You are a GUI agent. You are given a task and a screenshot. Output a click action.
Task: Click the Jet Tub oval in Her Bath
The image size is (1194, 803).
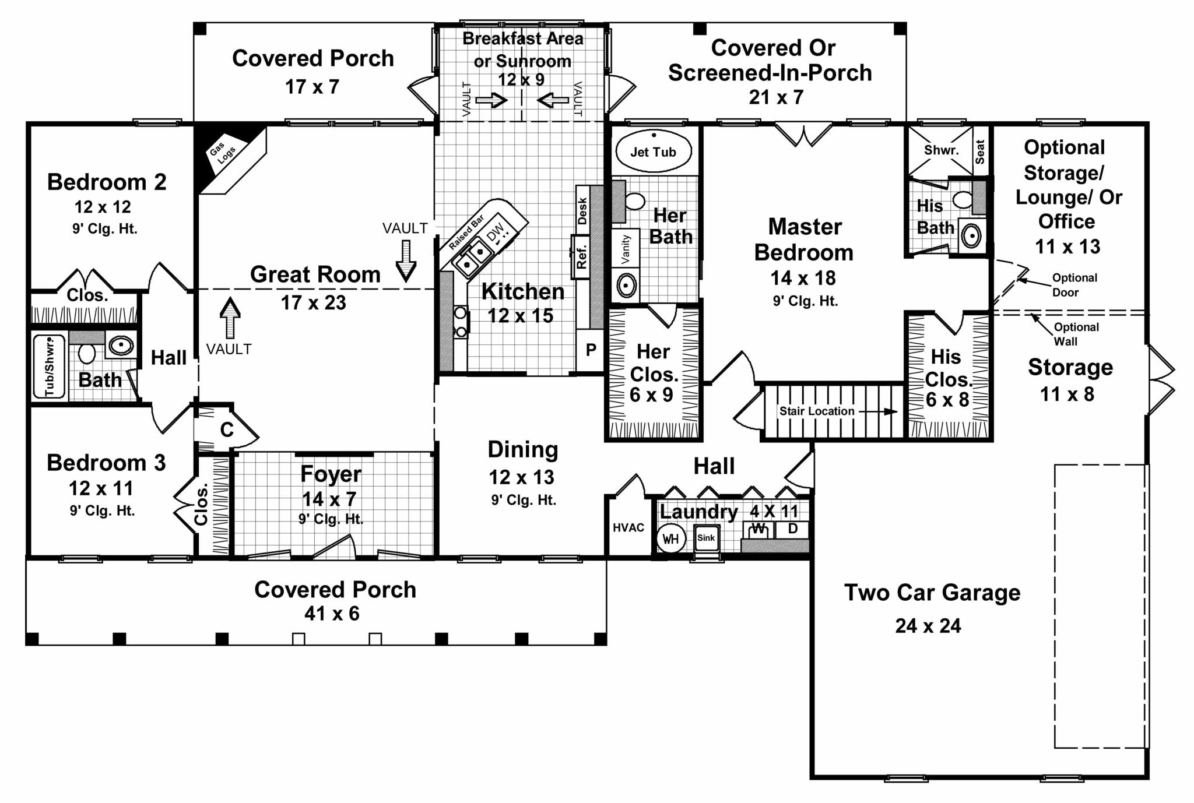click(x=653, y=152)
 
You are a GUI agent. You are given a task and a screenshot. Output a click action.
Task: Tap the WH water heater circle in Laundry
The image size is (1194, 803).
click(x=670, y=538)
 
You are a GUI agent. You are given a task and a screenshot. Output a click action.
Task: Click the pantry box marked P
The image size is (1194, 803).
click(x=591, y=350)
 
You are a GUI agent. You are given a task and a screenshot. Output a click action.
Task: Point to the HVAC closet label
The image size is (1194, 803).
click(x=628, y=527)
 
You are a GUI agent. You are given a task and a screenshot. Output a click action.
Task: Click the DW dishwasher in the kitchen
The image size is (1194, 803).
click(x=496, y=234)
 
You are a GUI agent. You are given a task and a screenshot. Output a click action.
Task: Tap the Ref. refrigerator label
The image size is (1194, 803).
click(x=581, y=257)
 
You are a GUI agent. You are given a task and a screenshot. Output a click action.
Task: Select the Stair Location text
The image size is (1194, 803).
click(x=817, y=411)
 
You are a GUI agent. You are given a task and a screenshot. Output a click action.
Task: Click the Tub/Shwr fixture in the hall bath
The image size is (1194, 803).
click(x=50, y=368)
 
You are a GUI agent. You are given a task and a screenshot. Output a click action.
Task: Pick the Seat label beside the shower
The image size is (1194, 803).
click(x=980, y=151)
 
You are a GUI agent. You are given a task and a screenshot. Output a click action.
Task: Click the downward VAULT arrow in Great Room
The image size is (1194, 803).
click(x=406, y=261)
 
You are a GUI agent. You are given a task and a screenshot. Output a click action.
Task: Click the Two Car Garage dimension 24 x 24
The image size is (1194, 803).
click(x=928, y=626)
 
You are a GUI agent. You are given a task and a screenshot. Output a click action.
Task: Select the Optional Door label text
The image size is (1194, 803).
click(x=1074, y=285)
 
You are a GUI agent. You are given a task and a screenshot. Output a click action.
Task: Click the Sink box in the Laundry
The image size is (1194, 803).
click(x=706, y=538)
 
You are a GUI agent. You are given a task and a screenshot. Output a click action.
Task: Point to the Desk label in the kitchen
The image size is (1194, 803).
click(x=582, y=210)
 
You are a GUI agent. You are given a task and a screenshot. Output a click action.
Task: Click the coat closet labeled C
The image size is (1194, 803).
click(x=227, y=430)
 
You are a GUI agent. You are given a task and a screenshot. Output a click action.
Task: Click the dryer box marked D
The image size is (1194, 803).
click(x=793, y=529)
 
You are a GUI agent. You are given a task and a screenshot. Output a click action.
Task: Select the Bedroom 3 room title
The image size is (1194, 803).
click(x=106, y=463)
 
